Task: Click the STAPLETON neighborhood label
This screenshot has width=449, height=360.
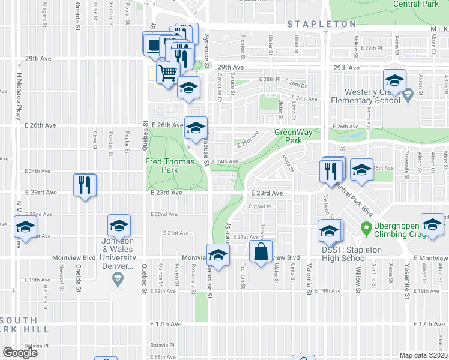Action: [321, 24]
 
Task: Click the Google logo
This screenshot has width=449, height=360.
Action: [20, 352]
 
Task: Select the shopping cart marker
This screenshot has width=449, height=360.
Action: [167, 73]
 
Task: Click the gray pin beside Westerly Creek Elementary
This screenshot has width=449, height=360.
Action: [408, 94]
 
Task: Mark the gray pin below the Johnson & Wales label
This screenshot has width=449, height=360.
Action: [118, 280]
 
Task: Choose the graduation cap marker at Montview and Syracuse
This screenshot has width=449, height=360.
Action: [218, 255]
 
